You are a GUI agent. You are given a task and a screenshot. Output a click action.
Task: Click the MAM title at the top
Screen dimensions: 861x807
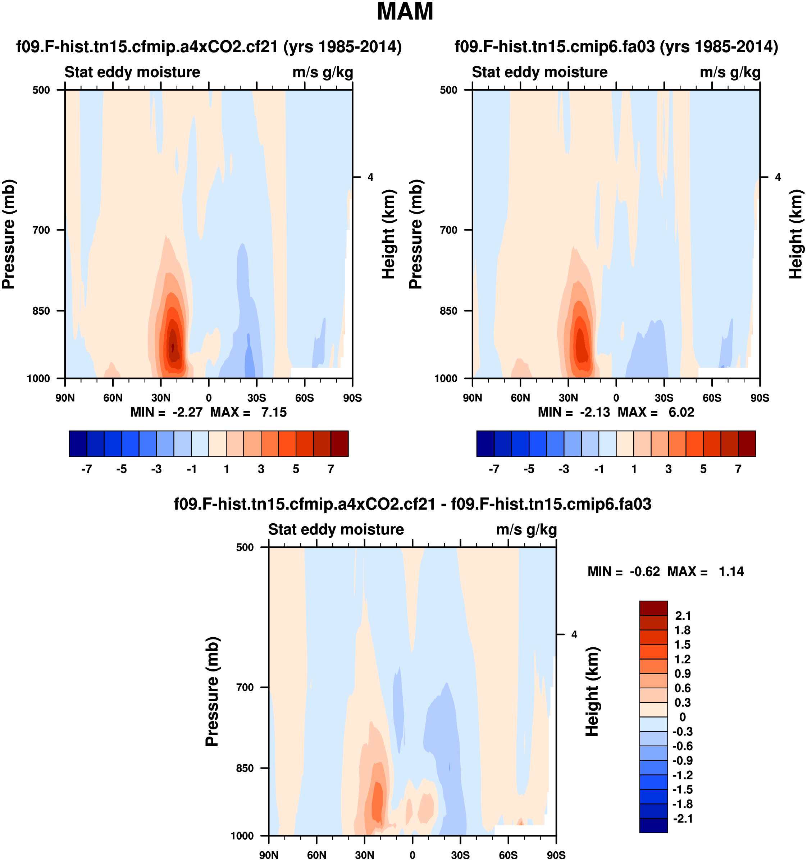[x=405, y=12]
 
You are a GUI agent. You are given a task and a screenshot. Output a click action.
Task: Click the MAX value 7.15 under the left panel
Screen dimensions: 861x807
[x=273, y=412]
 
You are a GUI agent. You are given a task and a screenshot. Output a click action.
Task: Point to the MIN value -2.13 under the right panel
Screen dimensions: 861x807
[x=595, y=412]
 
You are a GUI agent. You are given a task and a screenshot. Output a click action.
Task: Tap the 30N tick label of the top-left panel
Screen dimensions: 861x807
[x=161, y=397]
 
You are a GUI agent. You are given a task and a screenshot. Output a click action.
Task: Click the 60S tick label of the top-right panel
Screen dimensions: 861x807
[x=712, y=397]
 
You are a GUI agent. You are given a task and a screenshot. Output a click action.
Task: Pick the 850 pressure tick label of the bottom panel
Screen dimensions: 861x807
[x=245, y=768]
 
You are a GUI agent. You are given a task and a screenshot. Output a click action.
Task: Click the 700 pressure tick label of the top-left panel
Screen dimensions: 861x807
[x=42, y=230]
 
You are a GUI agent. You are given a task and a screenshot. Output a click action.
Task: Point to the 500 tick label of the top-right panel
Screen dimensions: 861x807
[x=449, y=90]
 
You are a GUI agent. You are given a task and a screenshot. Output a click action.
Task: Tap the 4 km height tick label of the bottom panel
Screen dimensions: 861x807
[x=574, y=634]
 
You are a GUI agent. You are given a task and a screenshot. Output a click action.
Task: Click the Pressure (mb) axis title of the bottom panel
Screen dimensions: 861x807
[x=212, y=691]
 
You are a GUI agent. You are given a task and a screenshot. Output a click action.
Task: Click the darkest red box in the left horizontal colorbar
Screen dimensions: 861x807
[x=339, y=443]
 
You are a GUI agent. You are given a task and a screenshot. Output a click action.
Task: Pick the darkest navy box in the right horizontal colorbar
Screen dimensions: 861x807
[x=485, y=443]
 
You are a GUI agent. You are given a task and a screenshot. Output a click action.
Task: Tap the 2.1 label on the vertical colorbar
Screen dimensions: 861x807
[x=683, y=615]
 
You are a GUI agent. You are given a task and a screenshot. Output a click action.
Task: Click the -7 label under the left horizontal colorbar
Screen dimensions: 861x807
[x=86, y=469]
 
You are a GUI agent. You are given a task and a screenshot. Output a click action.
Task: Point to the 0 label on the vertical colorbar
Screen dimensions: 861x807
[x=683, y=717]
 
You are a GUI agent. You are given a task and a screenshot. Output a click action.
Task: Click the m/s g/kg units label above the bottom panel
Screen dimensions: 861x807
[x=526, y=529]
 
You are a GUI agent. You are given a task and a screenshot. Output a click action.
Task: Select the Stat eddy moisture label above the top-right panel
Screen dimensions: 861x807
[x=539, y=72]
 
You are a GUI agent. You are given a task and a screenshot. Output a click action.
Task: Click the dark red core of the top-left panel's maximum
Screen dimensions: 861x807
[x=173, y=347]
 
